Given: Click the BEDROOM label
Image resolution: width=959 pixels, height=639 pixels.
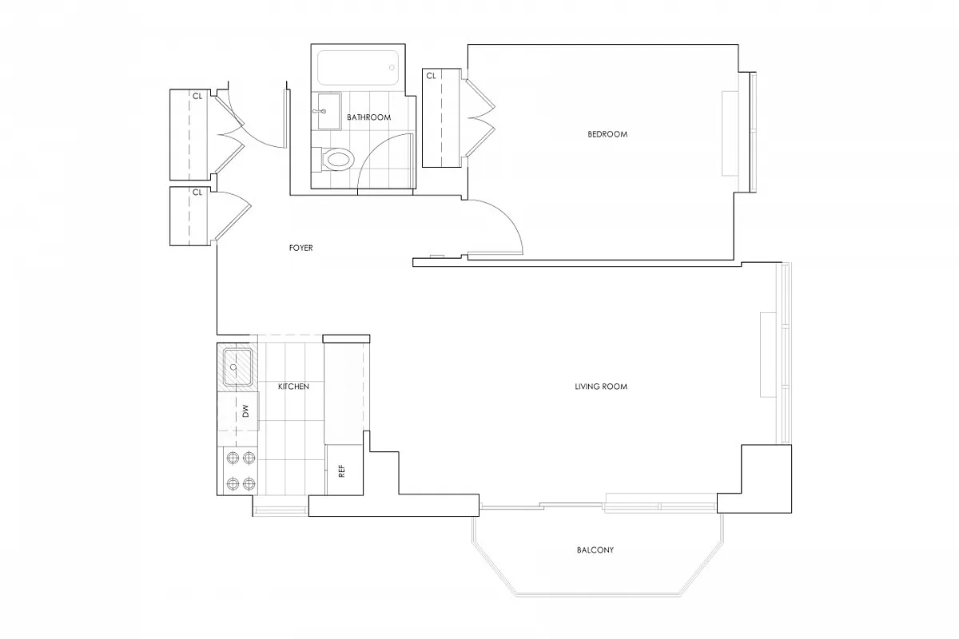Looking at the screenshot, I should tap(607, 134).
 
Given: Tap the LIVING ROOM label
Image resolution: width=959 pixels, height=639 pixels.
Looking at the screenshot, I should tap(601, 387).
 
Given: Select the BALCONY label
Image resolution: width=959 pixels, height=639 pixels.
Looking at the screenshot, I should tap(595, 550).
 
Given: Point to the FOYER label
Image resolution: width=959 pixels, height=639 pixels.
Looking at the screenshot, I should tap(300, 248).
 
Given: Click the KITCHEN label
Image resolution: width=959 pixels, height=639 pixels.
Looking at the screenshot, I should tap(293, 387).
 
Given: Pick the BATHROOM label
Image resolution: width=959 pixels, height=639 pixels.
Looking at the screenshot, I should tap(368, 117).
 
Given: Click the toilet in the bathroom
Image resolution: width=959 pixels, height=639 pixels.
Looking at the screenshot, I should tap(336, 159).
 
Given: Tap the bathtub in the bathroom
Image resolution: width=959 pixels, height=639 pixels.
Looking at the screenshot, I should tap(357, 69).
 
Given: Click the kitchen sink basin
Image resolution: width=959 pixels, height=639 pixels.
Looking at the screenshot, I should tap(237, 367).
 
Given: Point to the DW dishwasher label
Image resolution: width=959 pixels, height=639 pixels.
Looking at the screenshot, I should tap(246, 412).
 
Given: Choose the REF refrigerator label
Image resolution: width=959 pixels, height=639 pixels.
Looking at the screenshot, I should tap(342, 470).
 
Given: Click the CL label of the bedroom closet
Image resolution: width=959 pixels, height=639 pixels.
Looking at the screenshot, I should tap(431, 76).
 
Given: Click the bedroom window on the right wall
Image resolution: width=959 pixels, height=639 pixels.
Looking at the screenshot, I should tap(751, 132).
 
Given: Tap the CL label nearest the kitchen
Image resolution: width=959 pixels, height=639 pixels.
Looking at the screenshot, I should tap(196, 192).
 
